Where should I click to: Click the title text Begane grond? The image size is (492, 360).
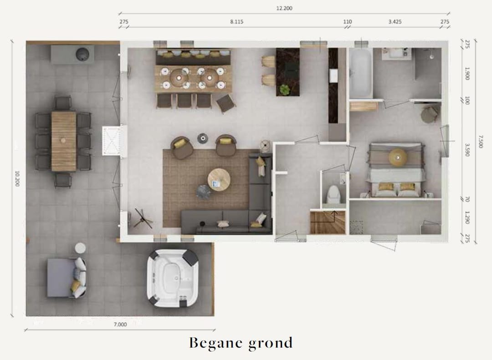(x=241, y=343)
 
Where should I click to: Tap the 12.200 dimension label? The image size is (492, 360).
(x=284, y=8)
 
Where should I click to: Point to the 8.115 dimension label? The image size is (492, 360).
(x=236, y=21)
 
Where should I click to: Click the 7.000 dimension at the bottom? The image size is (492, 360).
(x=120, y=325)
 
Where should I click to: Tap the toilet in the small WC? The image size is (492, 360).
(x=333, y=195)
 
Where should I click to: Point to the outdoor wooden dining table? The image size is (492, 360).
(x=63, y=141)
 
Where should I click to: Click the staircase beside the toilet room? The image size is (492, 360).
(x=327, y=222)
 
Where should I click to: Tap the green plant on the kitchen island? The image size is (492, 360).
(x=285, y=89)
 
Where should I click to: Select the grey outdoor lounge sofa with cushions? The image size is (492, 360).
(x=66, y=278)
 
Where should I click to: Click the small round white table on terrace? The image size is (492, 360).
(x=80, y=248)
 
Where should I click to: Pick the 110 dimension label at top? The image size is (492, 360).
(x=348, y=21)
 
